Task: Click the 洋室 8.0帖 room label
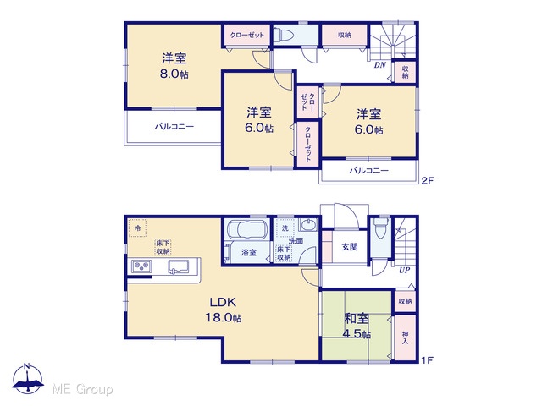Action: pyautogui.click(x=174, y=66)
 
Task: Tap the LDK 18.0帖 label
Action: pyautogui.click(x=224, y=310)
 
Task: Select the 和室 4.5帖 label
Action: pyautogui.click(x=357, y=326)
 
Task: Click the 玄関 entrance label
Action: pyautogui.click(x=350, y=247)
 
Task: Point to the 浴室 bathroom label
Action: pyautogui.click(x=248, y=252)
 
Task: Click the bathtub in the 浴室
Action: pyautogui.click(x=246, y=229)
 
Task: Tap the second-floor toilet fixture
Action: pyautogui.click(x=284, y=35)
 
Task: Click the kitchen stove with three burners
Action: pyautogui.click(x=141, y=266)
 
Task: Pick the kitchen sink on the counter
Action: pyautogui.click(x=179, y=267)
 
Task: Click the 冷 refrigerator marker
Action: pyautogui.click(x=137, y=228)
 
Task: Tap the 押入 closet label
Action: pyautogui.click(x=405, y=337)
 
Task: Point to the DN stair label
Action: pyautogui.click(x=380, y=65)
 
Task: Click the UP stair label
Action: pyautogui.click(x=404, y=271)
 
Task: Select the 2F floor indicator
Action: pyautogui.click(x=428, y=180)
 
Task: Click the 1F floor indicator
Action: pyautogui.click(x=427, y=360)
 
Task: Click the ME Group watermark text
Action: pyautogui.click(x=82, y=389)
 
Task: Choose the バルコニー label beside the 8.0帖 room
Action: pyautogui.click(x=174, y=126)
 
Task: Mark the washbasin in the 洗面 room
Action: pyautogui.click(x=308, y=225)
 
